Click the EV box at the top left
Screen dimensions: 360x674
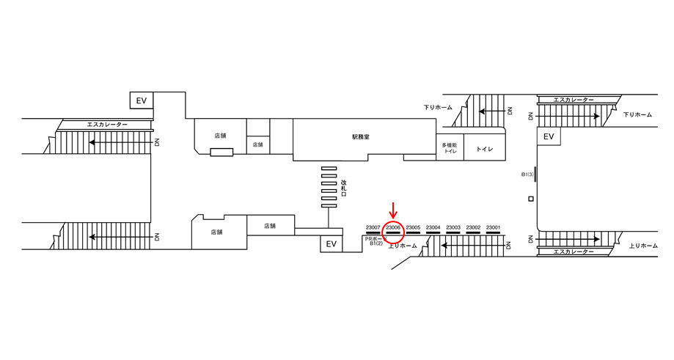141,100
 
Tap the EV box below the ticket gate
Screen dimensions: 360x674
331,244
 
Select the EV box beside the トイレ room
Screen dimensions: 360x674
549,136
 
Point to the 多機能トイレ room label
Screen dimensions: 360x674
450,148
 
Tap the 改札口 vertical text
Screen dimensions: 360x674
343,188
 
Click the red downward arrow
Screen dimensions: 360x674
393,211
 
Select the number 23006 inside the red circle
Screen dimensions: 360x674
393,228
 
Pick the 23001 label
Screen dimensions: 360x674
493,228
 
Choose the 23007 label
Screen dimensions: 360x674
373,228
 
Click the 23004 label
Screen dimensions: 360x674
433,228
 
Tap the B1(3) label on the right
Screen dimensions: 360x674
527,175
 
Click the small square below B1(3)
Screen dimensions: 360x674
530,199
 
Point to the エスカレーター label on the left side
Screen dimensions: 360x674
107,125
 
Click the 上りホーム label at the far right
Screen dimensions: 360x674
643,246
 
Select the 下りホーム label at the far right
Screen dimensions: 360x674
637,115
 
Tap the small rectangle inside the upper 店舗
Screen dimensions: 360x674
221,153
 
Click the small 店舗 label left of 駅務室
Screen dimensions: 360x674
257,145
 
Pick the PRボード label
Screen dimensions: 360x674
375,238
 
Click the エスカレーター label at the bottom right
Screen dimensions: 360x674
574,251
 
